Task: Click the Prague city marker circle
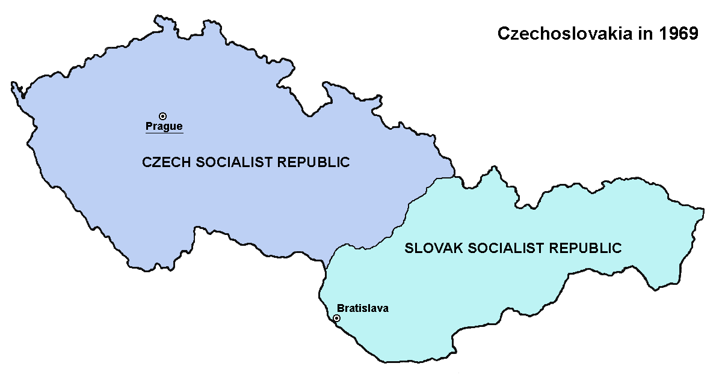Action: [x=162, y=116]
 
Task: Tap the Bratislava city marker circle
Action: [x=336, y=318]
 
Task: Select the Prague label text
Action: [x=164, y=126]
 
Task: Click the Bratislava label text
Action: [x=363, y=308]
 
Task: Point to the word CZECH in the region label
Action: [x=162, y=162]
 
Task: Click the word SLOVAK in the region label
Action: [x=427, y=248]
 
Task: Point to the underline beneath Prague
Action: [x=164, y=132]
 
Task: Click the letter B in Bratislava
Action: [x=341, y=308]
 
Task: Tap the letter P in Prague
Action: [x=149, y=126]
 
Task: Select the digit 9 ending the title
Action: [x=693, y=34]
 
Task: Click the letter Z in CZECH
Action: [x=155, y=162]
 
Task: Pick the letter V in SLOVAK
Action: [x=436, y=248]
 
